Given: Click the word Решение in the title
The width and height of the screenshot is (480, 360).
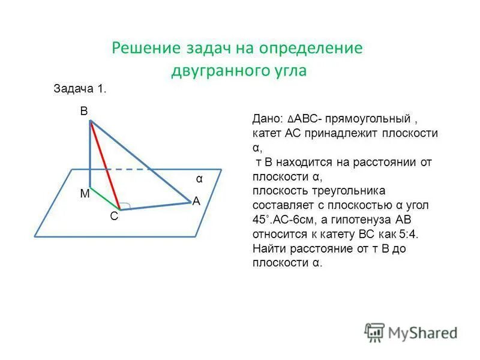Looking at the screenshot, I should (x=143, y=48).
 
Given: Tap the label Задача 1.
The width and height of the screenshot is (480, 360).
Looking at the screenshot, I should (x=80, y=89).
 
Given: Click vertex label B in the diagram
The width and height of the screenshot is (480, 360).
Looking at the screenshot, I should (x=84, y=111).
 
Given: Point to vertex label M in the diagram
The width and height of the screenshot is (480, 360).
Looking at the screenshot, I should (x=84, y=194).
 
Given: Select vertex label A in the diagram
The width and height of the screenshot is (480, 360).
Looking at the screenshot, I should (x=196, y=202).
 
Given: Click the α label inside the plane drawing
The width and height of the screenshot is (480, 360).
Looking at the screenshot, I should (x=199, y=179).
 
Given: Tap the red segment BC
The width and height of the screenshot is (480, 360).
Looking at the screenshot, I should (x=105, y=165).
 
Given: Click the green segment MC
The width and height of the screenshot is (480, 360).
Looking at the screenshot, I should (x=105, y=198).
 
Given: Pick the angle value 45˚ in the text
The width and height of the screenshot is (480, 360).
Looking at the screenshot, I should (x=262, y=220).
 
